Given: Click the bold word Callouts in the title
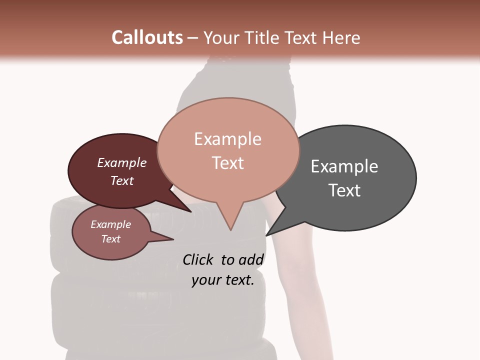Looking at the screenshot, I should [147, 37].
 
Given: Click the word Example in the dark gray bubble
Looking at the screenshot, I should [344, 166].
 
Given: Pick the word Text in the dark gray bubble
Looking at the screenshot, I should [344, 190].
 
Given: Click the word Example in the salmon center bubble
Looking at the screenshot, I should [227, 139].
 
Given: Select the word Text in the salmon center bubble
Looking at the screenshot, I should [227, 163].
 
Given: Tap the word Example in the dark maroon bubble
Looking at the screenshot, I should [121, 163].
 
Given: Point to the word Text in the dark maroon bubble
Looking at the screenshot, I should [121, 180].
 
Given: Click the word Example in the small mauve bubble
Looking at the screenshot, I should [110, 225].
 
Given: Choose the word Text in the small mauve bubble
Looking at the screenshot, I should [110, 239].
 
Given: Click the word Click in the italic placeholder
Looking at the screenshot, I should [199, 260].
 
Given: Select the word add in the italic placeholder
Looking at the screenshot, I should [251, 260].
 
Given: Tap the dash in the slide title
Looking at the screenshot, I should [193, 38].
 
